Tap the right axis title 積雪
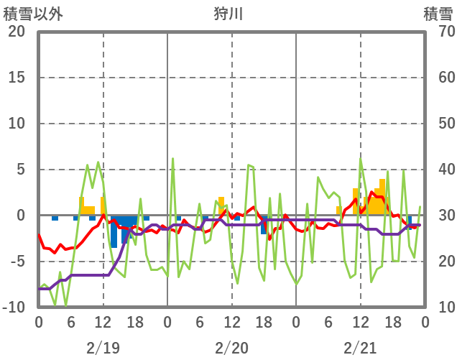click(438, 14)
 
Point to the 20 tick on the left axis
click(17, 32)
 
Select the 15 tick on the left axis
click(17, 78)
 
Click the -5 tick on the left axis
click(17, 262)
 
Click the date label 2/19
click(103, 348)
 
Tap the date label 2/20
click(231, 348)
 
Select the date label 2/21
click(360, 348)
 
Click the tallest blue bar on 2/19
click(114, 231)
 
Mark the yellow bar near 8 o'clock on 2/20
click(221, 206)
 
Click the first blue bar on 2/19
click(55, 218)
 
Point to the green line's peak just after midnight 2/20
click(173, 159)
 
